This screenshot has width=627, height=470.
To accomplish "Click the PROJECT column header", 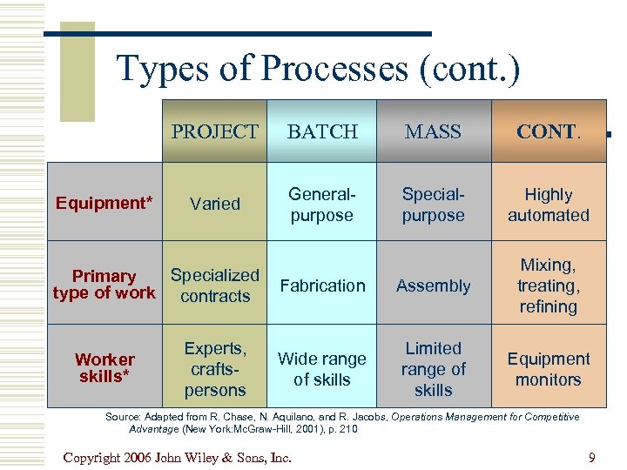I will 214,131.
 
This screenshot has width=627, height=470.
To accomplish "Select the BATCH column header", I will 322,131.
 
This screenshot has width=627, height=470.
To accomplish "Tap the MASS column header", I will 433,131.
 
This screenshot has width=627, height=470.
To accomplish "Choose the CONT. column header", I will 548,131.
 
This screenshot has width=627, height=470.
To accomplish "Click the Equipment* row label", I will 104,204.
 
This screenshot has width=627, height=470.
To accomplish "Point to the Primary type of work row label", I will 104,285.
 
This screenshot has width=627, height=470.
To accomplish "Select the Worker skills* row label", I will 104,368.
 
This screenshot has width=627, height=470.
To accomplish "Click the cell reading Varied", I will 214,204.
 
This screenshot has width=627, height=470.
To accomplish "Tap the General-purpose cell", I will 321,205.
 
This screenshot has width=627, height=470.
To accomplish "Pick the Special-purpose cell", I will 433,205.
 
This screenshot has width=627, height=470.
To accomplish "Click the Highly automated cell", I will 549,205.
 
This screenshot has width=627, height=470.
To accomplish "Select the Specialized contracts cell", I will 214,285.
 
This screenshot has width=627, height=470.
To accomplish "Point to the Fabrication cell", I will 322,285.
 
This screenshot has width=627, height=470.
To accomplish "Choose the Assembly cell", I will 433,286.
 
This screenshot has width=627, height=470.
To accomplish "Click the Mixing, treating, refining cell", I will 549,285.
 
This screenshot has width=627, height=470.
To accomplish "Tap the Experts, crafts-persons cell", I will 214,369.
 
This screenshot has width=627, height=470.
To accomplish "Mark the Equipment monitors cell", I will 549,369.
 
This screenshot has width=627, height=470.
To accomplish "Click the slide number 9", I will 591,457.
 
